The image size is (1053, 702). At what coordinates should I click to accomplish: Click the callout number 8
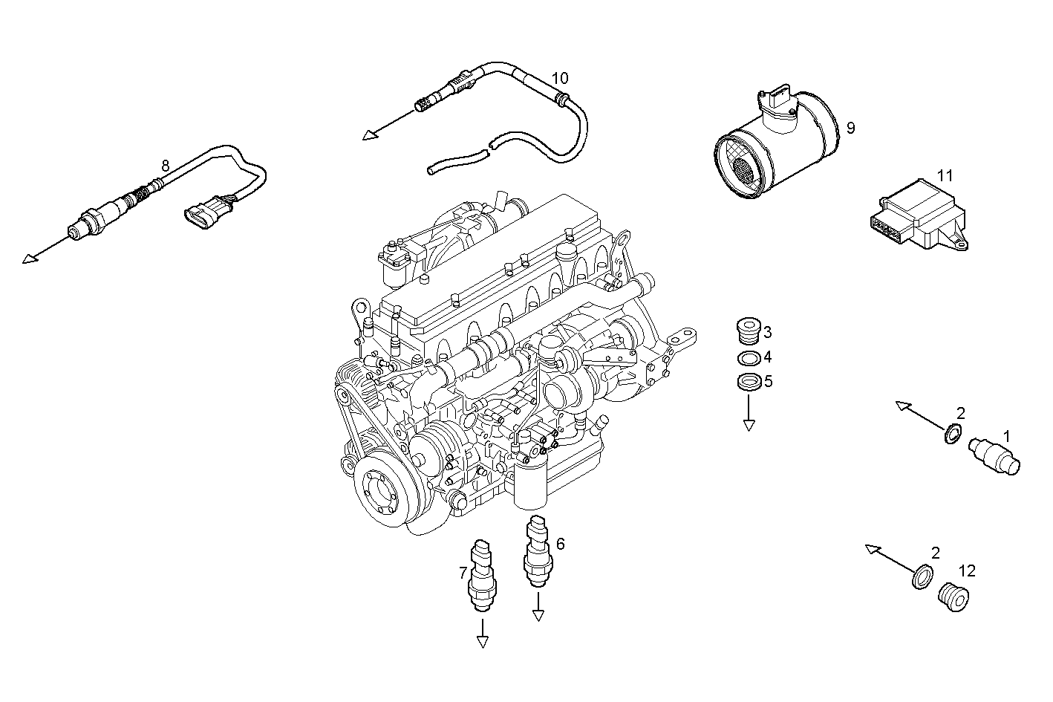165,164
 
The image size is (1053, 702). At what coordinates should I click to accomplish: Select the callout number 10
559,78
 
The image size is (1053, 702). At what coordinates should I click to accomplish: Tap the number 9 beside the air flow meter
850,128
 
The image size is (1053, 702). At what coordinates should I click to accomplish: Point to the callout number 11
944,176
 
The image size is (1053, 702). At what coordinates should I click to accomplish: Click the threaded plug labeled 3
747,331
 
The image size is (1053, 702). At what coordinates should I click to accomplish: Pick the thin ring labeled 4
749,358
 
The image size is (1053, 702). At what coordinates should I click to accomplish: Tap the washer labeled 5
747,383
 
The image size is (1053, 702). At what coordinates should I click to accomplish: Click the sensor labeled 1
996,455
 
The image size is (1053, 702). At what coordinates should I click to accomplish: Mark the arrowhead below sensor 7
482,642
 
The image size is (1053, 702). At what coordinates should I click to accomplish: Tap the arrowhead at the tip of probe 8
29,259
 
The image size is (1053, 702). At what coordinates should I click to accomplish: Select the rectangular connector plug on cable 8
202,213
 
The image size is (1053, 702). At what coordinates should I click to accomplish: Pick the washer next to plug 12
922,576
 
